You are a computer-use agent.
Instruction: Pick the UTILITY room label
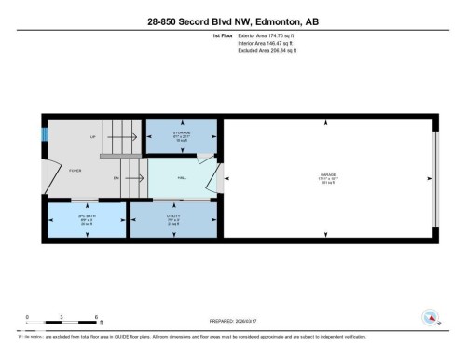coord(173,215)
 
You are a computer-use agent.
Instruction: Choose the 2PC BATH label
coord(86,215)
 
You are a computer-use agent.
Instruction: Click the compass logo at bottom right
coord(430,317)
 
